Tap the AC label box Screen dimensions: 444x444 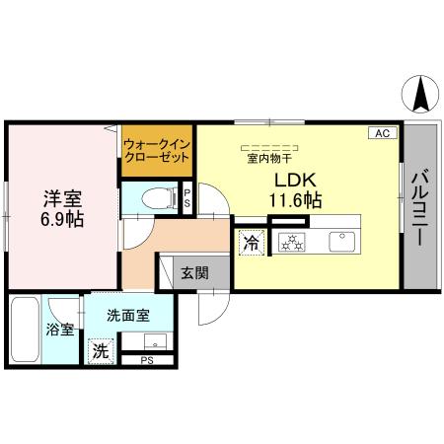pyautogui.click(x=383, y=132)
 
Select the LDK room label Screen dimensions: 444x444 pyautogui.click(x=295, y=180)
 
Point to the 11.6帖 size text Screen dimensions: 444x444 pyautogui.click(x=295, y=200)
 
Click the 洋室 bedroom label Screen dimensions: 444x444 pyautogui.click(x=61, y=194)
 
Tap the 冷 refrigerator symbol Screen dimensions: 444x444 pyautogui.click(x=251, y=240)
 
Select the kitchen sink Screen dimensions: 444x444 pyautogui.click(x=342, y=240)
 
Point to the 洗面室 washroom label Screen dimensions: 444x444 pyautogui.click(x=128, y=317)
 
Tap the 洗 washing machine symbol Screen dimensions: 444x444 pyautogui.click(x=100, y=350)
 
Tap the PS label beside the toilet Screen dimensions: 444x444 pyautogui.click(x=186, y=195)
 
